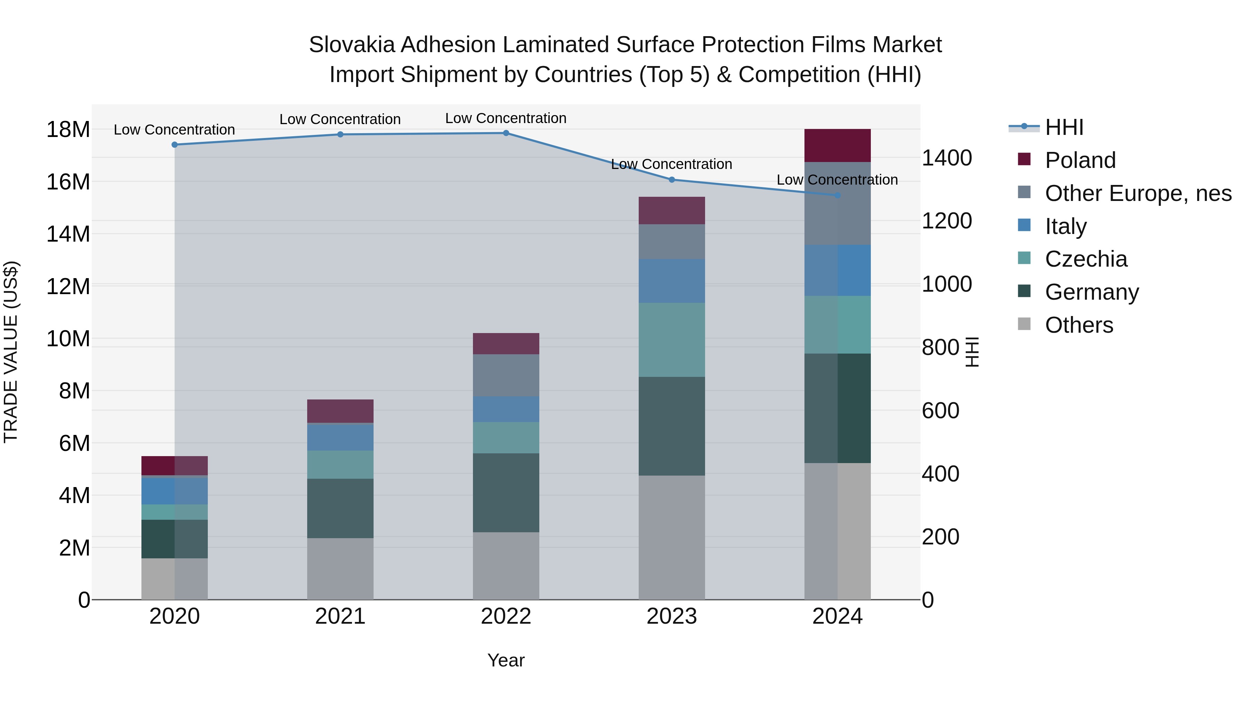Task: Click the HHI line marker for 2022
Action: [506, 133]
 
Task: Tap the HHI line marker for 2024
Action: [837, 195]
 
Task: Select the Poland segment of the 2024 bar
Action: [837, 145]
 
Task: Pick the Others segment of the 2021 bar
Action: [340, 568]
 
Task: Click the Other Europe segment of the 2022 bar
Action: [506, 375]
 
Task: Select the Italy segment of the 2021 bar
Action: [340, 437]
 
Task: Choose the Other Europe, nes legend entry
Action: [1138, 193]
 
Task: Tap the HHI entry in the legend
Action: [1064, 127]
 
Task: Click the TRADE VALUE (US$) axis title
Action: [11, 352]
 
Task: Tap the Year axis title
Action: [506, 660]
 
